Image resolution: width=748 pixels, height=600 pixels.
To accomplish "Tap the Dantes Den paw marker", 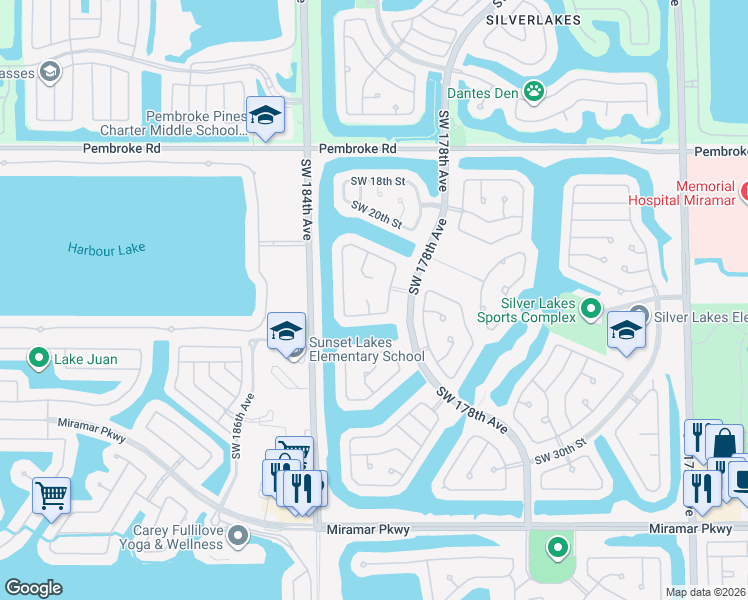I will (535, 92).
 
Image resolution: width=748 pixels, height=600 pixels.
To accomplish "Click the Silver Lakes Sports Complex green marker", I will (591, 309).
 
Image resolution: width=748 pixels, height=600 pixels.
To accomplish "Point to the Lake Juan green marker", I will (39, 357).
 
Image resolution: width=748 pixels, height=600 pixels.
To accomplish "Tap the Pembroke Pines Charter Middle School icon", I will (265, 117).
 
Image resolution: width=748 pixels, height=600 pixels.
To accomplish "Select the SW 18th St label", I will (377, 181).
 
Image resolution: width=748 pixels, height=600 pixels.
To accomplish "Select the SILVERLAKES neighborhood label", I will (520, 19).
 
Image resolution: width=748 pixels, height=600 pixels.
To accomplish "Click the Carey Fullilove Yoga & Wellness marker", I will (237, 537).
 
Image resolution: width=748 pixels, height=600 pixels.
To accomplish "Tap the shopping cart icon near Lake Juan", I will (50, 493).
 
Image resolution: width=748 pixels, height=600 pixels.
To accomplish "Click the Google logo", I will (33, 587).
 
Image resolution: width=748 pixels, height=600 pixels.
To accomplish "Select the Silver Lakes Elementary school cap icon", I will (627, 332).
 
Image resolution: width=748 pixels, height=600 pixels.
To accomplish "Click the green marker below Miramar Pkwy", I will (557, 548).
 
